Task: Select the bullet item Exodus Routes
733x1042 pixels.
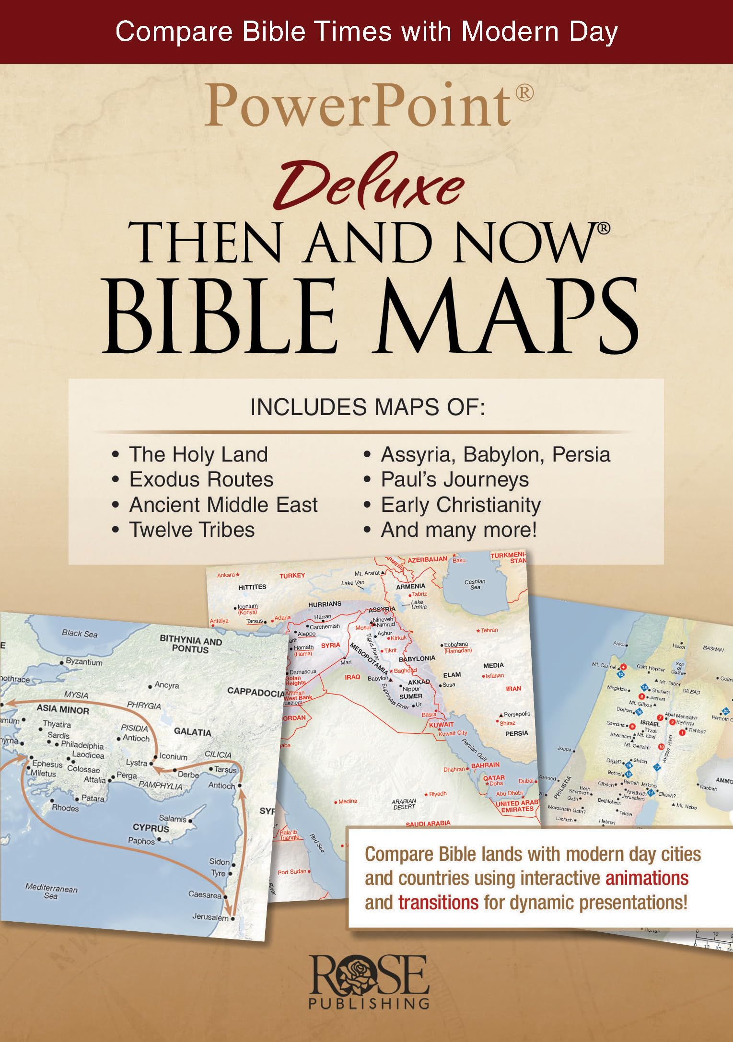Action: pos(201,480)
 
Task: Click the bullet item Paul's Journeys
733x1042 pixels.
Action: pos(454,480)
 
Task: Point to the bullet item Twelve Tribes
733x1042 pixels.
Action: pos(192,530)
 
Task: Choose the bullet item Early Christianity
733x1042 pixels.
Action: pos(460,505)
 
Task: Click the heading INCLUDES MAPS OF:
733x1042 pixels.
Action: pos(368,407)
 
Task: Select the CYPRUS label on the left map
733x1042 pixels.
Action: pos(151,828)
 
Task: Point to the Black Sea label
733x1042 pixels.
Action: pos(80,634)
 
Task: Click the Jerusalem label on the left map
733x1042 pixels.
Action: pos(210,917)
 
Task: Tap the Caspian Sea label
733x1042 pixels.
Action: pos(475,584)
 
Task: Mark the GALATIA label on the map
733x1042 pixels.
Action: pos(192,732)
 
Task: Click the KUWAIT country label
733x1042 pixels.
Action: pos(441,725)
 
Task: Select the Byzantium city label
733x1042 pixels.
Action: pos(84,662)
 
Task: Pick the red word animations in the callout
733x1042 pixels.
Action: pos(647,878)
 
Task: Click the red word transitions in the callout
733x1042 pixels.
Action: pos(438,903)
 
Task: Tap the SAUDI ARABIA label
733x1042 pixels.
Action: pos(428,823)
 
